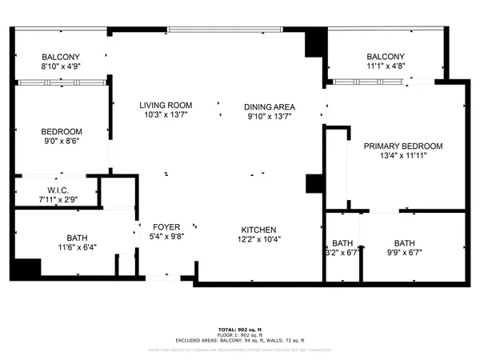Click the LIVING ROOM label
166,106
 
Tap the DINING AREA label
270,107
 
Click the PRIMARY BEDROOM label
402,146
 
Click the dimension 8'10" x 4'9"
62,67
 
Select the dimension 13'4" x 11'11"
402,156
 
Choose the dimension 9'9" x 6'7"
405,254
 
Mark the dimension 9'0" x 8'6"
62,142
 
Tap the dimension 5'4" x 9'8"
166,238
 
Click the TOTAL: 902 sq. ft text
239,330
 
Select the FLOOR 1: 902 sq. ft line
239,337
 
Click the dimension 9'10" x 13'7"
270,117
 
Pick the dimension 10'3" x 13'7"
166,116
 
